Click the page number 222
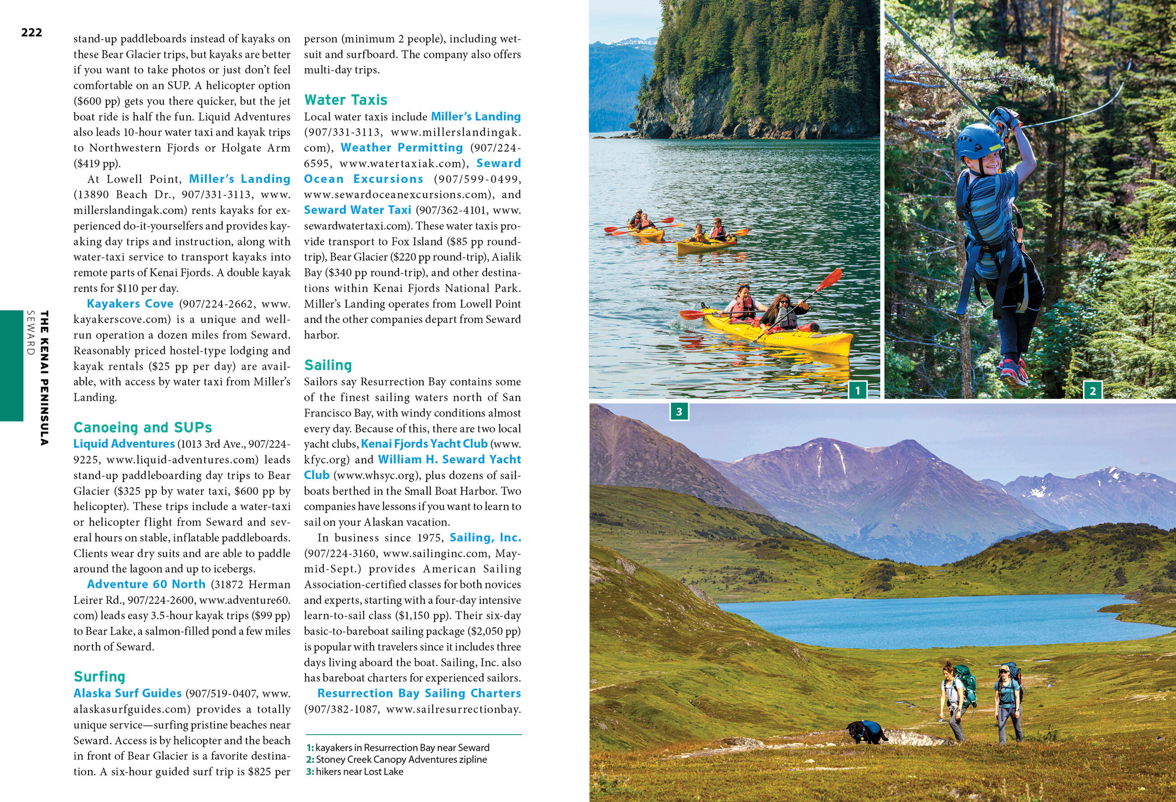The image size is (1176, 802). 31,33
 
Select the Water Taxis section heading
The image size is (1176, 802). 346,100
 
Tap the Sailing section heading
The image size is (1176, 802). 328,365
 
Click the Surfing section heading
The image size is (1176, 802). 99,677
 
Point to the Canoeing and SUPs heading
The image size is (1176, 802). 142,427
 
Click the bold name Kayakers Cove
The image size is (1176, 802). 130,304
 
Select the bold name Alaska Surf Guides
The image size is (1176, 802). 128,693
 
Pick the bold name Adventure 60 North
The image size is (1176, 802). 146,584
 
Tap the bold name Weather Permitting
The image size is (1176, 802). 402,148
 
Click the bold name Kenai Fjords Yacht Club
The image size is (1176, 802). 424,444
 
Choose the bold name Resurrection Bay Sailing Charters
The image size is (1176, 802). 419,693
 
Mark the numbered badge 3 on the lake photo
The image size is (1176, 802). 679,412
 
